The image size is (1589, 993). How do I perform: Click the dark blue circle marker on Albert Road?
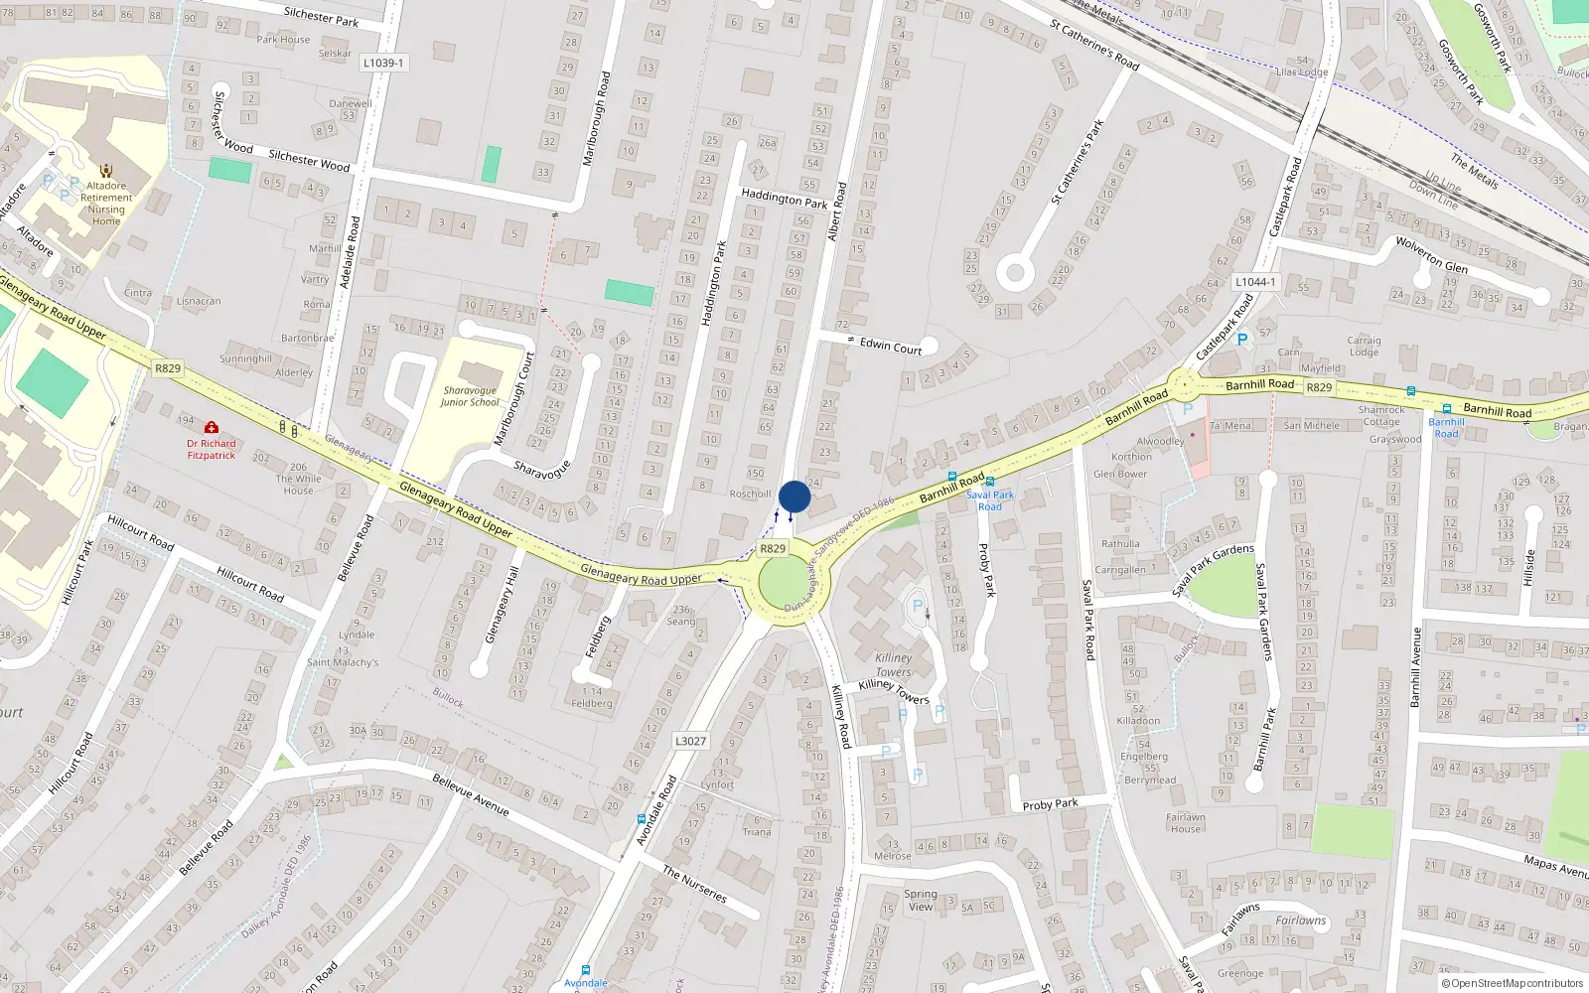(x=794, y=496)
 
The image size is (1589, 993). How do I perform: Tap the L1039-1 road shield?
(x=382, y=63)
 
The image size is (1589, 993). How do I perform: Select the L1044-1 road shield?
(x=1255, y=282)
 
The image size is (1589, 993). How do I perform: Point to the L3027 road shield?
(x=690, y=741)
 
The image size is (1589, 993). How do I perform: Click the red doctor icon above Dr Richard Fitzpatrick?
(x=211, y=427)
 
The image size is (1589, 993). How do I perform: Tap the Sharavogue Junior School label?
(x=470, y=396)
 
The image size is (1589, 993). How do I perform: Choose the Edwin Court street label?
(x=891, y=346)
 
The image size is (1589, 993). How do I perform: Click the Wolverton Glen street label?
(x=1431, y=254)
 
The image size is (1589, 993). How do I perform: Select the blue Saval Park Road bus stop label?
(x=990, y=500)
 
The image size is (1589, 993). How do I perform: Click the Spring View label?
(x=921, y=900)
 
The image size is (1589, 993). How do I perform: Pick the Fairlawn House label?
(x=1185, y=823)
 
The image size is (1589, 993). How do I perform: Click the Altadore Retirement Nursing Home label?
(x=106, y=204)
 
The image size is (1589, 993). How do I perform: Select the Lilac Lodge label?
(x=1301, y=71)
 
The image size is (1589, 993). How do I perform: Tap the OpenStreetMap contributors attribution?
(x=1513, y=983)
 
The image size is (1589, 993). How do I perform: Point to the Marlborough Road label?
(x=595, y=118)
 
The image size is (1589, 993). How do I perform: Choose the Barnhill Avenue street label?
(x=1416, y=666)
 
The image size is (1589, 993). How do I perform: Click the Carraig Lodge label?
(x=1364, y=346)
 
